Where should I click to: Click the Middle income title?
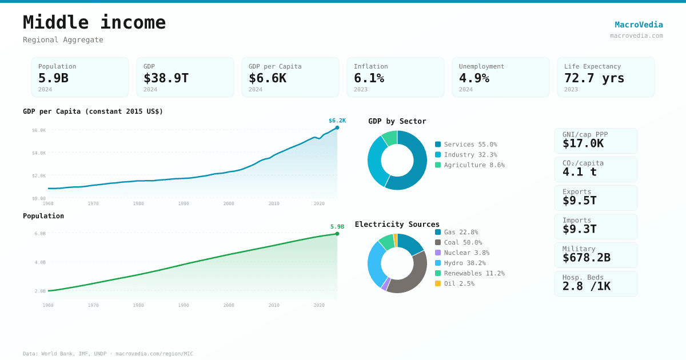[x=94, y=22]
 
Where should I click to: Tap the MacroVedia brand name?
[x=639, y=25]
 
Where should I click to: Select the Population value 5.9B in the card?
[x=53, y=78]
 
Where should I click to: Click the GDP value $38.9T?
[x=166, y=78]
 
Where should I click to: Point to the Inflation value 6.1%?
[x=369, y=78]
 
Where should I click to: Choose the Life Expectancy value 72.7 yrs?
[x=594, y=78]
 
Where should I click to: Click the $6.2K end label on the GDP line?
[x=337, y=121]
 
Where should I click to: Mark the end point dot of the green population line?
[x=337, y=234]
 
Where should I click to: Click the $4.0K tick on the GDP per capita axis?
[x=39, y=153]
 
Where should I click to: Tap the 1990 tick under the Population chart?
[x=184, y=305]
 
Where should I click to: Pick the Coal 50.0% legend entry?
[x=462, y=242]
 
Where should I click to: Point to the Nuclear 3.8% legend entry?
[x=466, y=253]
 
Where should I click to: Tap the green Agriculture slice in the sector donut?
[x=390, y=138]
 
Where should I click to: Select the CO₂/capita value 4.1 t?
[x=579, y=172]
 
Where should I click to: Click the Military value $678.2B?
[x=586, y=258]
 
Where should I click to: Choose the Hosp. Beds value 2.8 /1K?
[x=586, y=286]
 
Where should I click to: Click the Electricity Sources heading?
[x=397, y=224]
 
